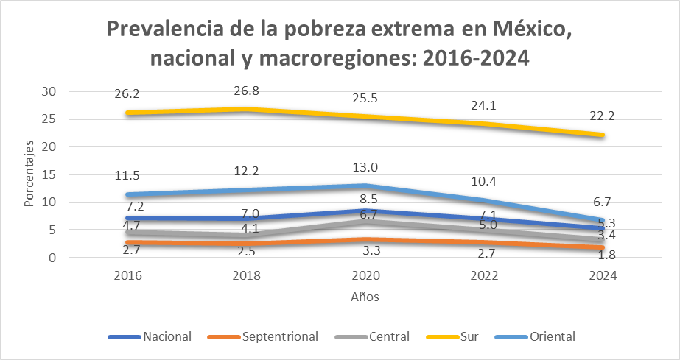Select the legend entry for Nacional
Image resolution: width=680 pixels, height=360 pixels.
pyautogui.click(x=150, y=336)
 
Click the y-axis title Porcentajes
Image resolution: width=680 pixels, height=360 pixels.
pyautogui.click(x=29, y=174)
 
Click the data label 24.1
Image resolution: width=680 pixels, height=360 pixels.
pyautogui.click(x=486, y=105)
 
